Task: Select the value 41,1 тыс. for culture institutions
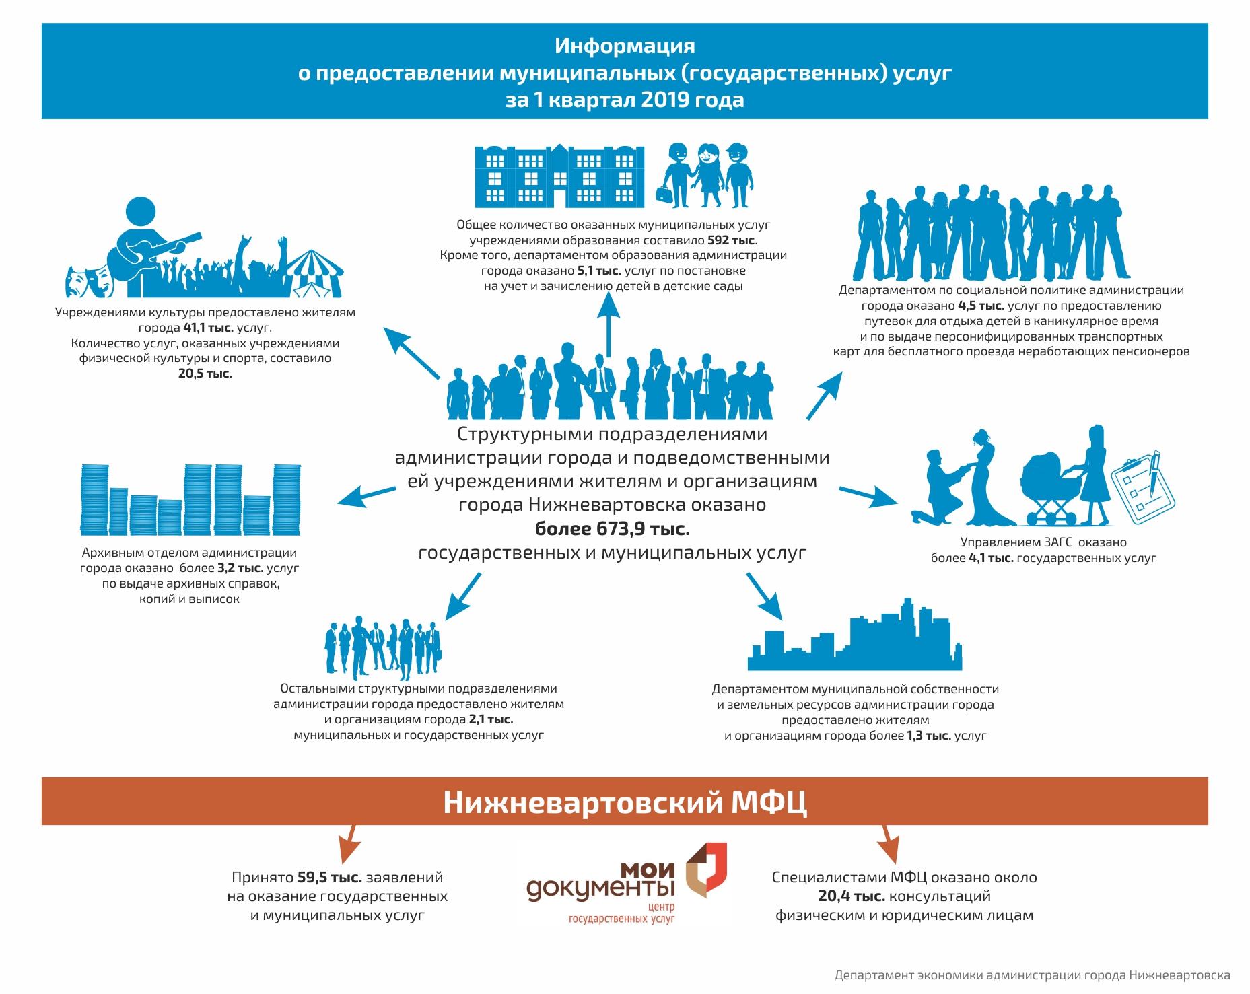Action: click(x=203, y=328)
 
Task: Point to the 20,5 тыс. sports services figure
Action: click(x=205, y=374)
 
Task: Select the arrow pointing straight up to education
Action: click(x=609, y=326)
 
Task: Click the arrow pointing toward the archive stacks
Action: click(x=367, y=495)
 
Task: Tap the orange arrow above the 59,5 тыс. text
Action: click(x=347, y=845)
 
